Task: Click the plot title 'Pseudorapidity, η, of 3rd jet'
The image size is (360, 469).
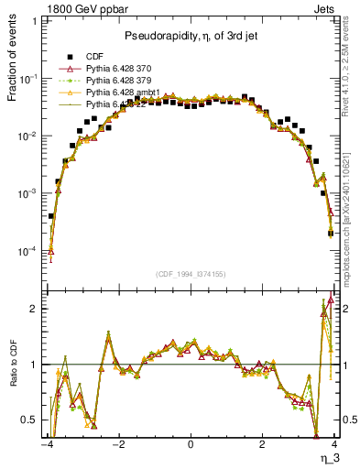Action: coord(191,36)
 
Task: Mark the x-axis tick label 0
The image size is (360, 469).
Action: coord(191,446)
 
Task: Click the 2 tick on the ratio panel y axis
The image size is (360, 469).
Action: coord(31,309)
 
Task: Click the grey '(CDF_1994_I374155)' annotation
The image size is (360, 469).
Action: coord(191,274)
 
